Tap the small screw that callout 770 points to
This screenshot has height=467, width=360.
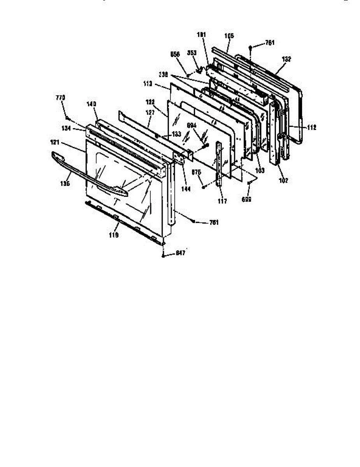coord(68,117)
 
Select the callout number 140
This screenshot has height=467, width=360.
coord(92,104)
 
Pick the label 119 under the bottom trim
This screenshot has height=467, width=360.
coord(114,235)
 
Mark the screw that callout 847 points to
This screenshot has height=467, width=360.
coord(163,255)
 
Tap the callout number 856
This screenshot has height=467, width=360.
coord(175,55)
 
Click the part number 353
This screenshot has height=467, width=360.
coord(192,53)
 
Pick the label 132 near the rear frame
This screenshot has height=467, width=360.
coord(286,59)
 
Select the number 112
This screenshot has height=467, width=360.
coord(311,127)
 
